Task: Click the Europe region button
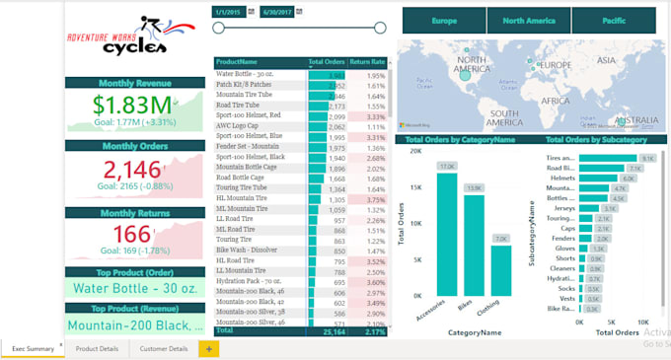[x=444, y=20]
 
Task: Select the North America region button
[x=528, y=20]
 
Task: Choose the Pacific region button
[x=613, y=20]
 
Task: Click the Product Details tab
[x=97, y=348]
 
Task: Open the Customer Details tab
[x=164, y=348]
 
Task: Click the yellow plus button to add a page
[x=208, y=348]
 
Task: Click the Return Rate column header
[x=368, y=62]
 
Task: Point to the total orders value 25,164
[x=328, y=331]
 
